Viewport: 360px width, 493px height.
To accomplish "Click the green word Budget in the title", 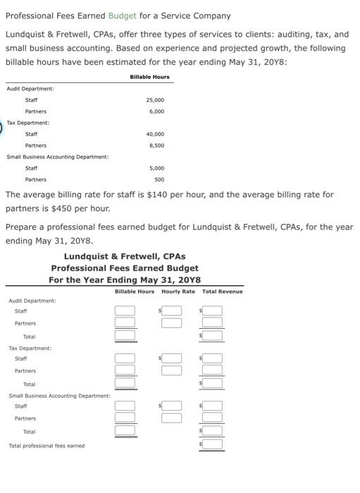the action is tap(122, 15).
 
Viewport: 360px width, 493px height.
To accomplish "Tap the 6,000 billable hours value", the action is tap(156, 111).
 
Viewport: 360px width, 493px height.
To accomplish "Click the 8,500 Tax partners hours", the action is tap(156, 145).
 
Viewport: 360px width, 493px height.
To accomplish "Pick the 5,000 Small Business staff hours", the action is tap(156, 168).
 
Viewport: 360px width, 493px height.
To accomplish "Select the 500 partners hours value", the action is tap(159, 180).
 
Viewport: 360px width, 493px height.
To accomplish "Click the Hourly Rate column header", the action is tap(178, 292).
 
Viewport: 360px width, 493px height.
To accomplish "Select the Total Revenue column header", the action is tap(222, 292).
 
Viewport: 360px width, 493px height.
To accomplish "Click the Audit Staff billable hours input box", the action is tap(125, 311).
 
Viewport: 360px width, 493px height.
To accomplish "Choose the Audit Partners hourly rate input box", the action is tap(171, 323).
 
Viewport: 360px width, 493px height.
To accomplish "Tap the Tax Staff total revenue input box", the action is tap(213, 358).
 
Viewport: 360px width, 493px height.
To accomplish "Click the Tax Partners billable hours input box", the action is tap(125, 370).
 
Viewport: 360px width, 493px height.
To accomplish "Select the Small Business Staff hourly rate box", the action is tap(171, 406).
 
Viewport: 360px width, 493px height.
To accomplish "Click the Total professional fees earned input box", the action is tap(213, 445).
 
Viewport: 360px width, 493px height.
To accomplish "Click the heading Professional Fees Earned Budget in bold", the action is tap(125, 268).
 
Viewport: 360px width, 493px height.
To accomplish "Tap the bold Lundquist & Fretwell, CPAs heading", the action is tap(125, 256).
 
